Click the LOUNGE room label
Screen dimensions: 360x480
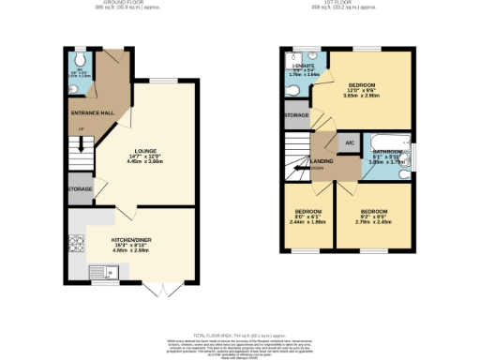click(145, 153)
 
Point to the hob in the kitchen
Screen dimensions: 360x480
click(76, 245)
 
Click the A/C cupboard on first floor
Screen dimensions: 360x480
click(349, 142)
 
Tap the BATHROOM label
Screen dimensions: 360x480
click(387, 151)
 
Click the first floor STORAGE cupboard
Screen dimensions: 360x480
click(296, 116)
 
